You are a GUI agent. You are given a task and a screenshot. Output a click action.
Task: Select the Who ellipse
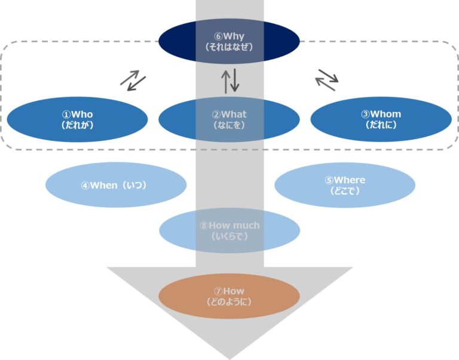pos(77,119)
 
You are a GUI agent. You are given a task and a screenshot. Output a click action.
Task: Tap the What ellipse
pos(229,119)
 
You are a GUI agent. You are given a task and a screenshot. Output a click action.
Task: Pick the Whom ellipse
pos(381,119)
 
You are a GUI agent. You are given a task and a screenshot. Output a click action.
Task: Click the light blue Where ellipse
pos(345,185)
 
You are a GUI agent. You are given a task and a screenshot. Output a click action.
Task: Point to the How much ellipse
pos(229,230)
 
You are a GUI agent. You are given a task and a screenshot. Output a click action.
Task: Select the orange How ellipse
pos(229,296)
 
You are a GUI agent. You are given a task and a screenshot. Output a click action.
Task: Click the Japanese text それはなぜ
pos(229,47)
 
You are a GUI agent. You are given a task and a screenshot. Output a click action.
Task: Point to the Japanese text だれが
pos(77,125)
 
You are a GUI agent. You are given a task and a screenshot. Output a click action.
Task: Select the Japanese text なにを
pos(229,125)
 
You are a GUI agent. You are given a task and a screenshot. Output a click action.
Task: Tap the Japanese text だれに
pos(381,125)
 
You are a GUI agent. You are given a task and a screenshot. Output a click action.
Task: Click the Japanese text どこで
pos(345,190)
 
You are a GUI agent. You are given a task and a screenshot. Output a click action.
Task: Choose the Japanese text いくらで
pos(229,236)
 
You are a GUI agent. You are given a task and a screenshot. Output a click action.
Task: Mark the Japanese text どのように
pos(229,301)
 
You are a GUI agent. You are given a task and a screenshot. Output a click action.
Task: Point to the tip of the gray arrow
pos(229,357)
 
